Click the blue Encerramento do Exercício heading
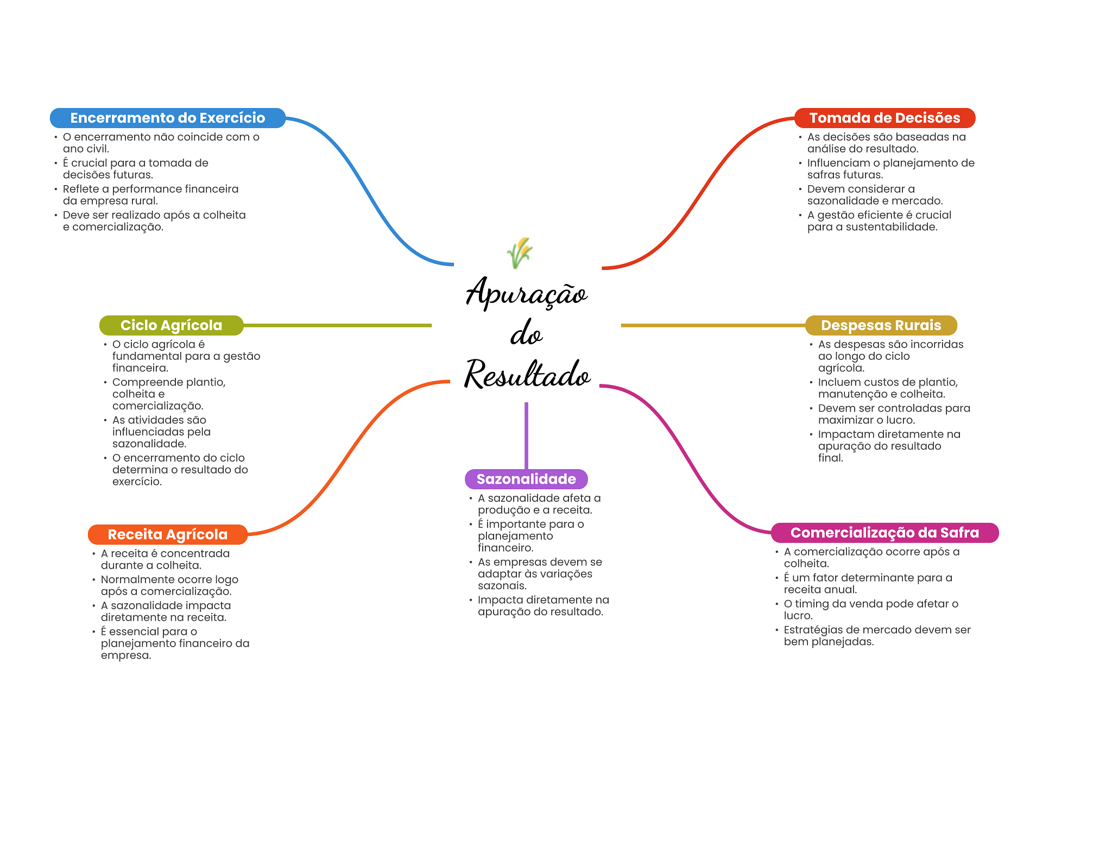[167, 118]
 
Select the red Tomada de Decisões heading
[884, 118]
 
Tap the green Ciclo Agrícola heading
[171, 325]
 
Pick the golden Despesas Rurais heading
[881, 325]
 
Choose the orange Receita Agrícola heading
[167, 534]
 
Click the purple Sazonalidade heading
[526, 479]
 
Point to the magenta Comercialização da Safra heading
[884, 533]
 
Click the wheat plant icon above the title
[520, 253]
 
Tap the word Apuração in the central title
[526, 293]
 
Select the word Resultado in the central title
[527, 375]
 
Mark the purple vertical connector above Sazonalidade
[526, 434]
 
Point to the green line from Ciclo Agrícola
[337, 325]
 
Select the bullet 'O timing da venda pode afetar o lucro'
[871, 609]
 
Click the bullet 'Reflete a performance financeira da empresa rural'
[150, 194]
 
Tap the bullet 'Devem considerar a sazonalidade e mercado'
[875, 194]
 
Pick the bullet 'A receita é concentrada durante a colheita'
[165, 559]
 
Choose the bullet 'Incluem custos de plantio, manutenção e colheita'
[888, 388]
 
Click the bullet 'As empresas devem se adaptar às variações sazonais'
[540, 573]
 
